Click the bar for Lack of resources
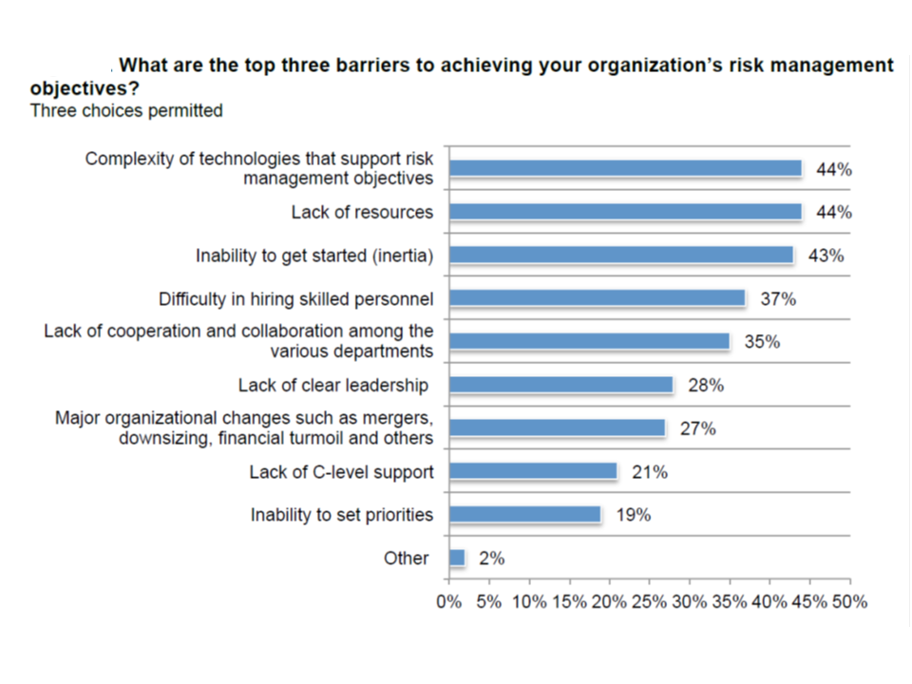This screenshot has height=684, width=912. (x=625, y=212)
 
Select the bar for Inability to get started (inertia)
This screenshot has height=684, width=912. (x=621, y=256)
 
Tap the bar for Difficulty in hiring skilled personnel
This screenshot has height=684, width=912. (x=598, y=298)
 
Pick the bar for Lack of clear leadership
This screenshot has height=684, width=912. (x=560, y=385)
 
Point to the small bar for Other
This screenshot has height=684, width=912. (x=457, y=559)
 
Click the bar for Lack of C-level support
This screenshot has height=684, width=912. (x=533, y=472)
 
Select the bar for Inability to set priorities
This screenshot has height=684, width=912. (x=525, y=515)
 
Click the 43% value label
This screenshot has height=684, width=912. (x=826, y=256)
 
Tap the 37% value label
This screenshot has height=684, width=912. (x=778, y=299)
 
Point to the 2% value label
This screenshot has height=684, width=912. (x=491, y=559)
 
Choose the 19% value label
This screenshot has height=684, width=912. (x=633, y=515)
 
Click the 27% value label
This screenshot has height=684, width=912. (x=697, y=428)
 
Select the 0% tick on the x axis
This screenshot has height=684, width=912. (x=448, y=602)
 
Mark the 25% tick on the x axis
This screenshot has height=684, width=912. (x=649, y=602)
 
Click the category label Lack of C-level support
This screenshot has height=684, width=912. (x=341, y=472)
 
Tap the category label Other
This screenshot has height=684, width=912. (x=406, y=559)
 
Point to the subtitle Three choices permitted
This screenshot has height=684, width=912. (x=126, y=111)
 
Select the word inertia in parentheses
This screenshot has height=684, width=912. (x=399, y=256)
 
